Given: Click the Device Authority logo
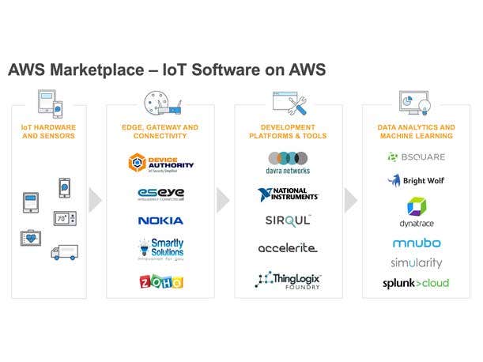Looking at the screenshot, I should click(160, 164).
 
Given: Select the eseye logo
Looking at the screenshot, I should click(160, 193).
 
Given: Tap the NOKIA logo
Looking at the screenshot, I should click(160, 221).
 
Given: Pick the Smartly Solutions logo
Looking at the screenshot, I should click(160, 249).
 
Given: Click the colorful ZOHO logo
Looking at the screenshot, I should click(161, 281).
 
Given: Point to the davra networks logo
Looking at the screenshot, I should click(288, 163).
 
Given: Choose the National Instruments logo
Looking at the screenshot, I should click(288, 194).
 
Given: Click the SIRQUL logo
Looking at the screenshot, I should click(288, 221).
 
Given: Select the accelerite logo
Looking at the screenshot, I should click(288, 248).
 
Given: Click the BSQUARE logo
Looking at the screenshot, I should click(416, 156).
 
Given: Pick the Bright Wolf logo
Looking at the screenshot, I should click(416, 180).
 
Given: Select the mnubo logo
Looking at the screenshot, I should click(417, 243).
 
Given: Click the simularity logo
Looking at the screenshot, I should click(417, 262).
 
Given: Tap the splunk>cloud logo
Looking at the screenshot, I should click(416, 283).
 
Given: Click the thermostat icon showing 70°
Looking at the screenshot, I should click(64, 217).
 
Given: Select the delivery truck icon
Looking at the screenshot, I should click(64, 252).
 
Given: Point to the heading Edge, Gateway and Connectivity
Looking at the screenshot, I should click(160, 131).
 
